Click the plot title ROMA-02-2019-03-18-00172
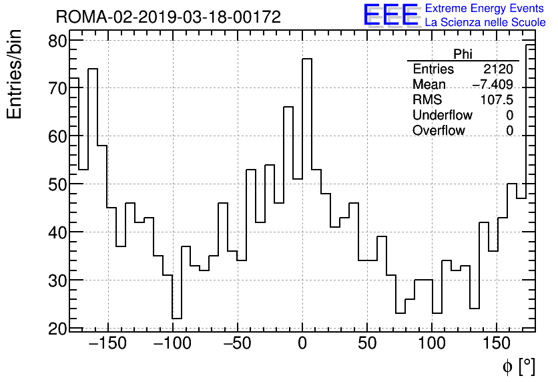point(168,17)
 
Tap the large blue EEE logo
point(390,15)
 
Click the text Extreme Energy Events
point(485,8)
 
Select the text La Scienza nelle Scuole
point(485,22)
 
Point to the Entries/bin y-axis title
point(15,74)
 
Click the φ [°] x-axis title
point(519,367)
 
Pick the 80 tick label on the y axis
point(58,41)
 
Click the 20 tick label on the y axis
point(58,329)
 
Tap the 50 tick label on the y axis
point(58,184)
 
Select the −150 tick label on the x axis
point(107,344)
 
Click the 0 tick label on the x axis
point(302,344)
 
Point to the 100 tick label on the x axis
point(432,344)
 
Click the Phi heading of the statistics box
point(463,54)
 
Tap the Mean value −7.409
point(493,85)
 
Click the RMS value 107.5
point(497,100)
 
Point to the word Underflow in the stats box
point(442,116)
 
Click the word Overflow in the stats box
point(439,131)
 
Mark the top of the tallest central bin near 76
point(307,59)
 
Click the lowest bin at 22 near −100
point(177,318)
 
